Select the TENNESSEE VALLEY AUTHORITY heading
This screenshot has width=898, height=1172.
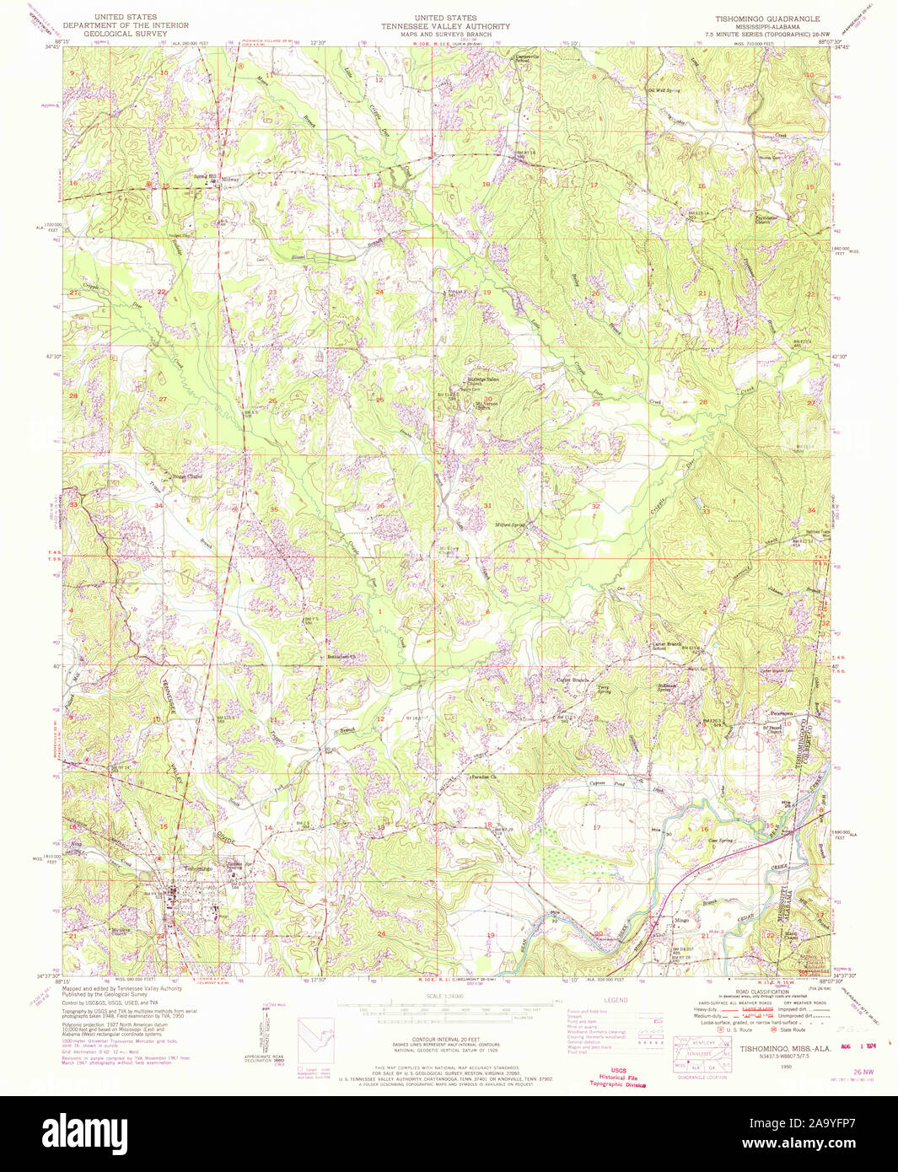445,26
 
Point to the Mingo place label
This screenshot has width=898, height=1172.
680,920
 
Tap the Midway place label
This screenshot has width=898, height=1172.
230,180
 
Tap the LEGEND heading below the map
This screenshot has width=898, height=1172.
616,1000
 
